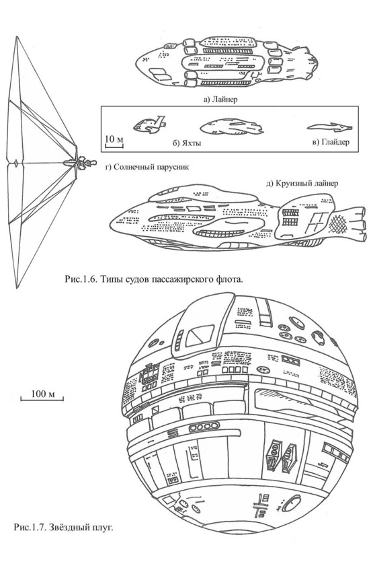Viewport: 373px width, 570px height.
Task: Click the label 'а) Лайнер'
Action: pos(220,98)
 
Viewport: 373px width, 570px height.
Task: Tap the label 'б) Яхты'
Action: pos(187,143)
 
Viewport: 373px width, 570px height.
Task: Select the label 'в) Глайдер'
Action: pos(331,142)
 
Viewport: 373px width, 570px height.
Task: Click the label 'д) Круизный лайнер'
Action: pos(302,183)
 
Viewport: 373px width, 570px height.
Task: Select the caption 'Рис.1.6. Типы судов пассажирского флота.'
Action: pos(153,279)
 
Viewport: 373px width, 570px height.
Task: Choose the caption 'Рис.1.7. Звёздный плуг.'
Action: pos(63,526)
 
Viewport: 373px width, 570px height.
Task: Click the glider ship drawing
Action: pos(329,127)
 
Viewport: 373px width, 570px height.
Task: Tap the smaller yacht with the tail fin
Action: pos(150,124)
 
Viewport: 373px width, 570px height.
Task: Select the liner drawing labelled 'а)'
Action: pos(227,62)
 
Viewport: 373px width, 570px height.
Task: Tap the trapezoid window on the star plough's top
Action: pos(200,335)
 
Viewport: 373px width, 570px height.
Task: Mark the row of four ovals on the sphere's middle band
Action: pos(204,426)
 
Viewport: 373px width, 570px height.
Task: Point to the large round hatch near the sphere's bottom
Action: pos(291,504)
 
